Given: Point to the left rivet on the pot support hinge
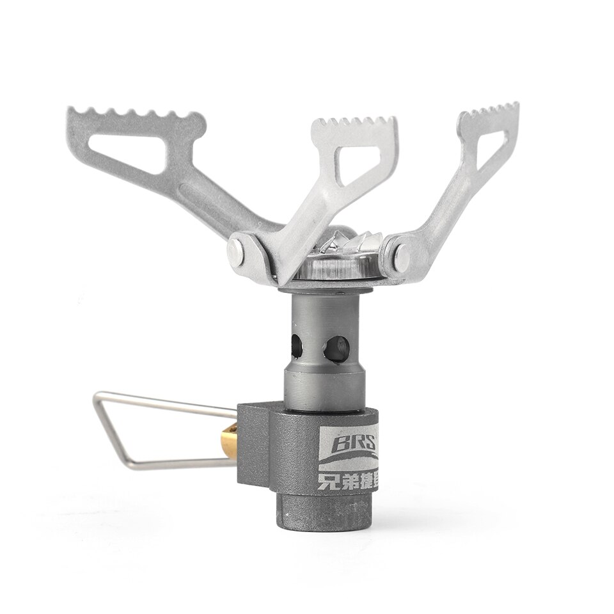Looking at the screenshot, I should (238, 248).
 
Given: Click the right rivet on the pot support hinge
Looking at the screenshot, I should (402, 255).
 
